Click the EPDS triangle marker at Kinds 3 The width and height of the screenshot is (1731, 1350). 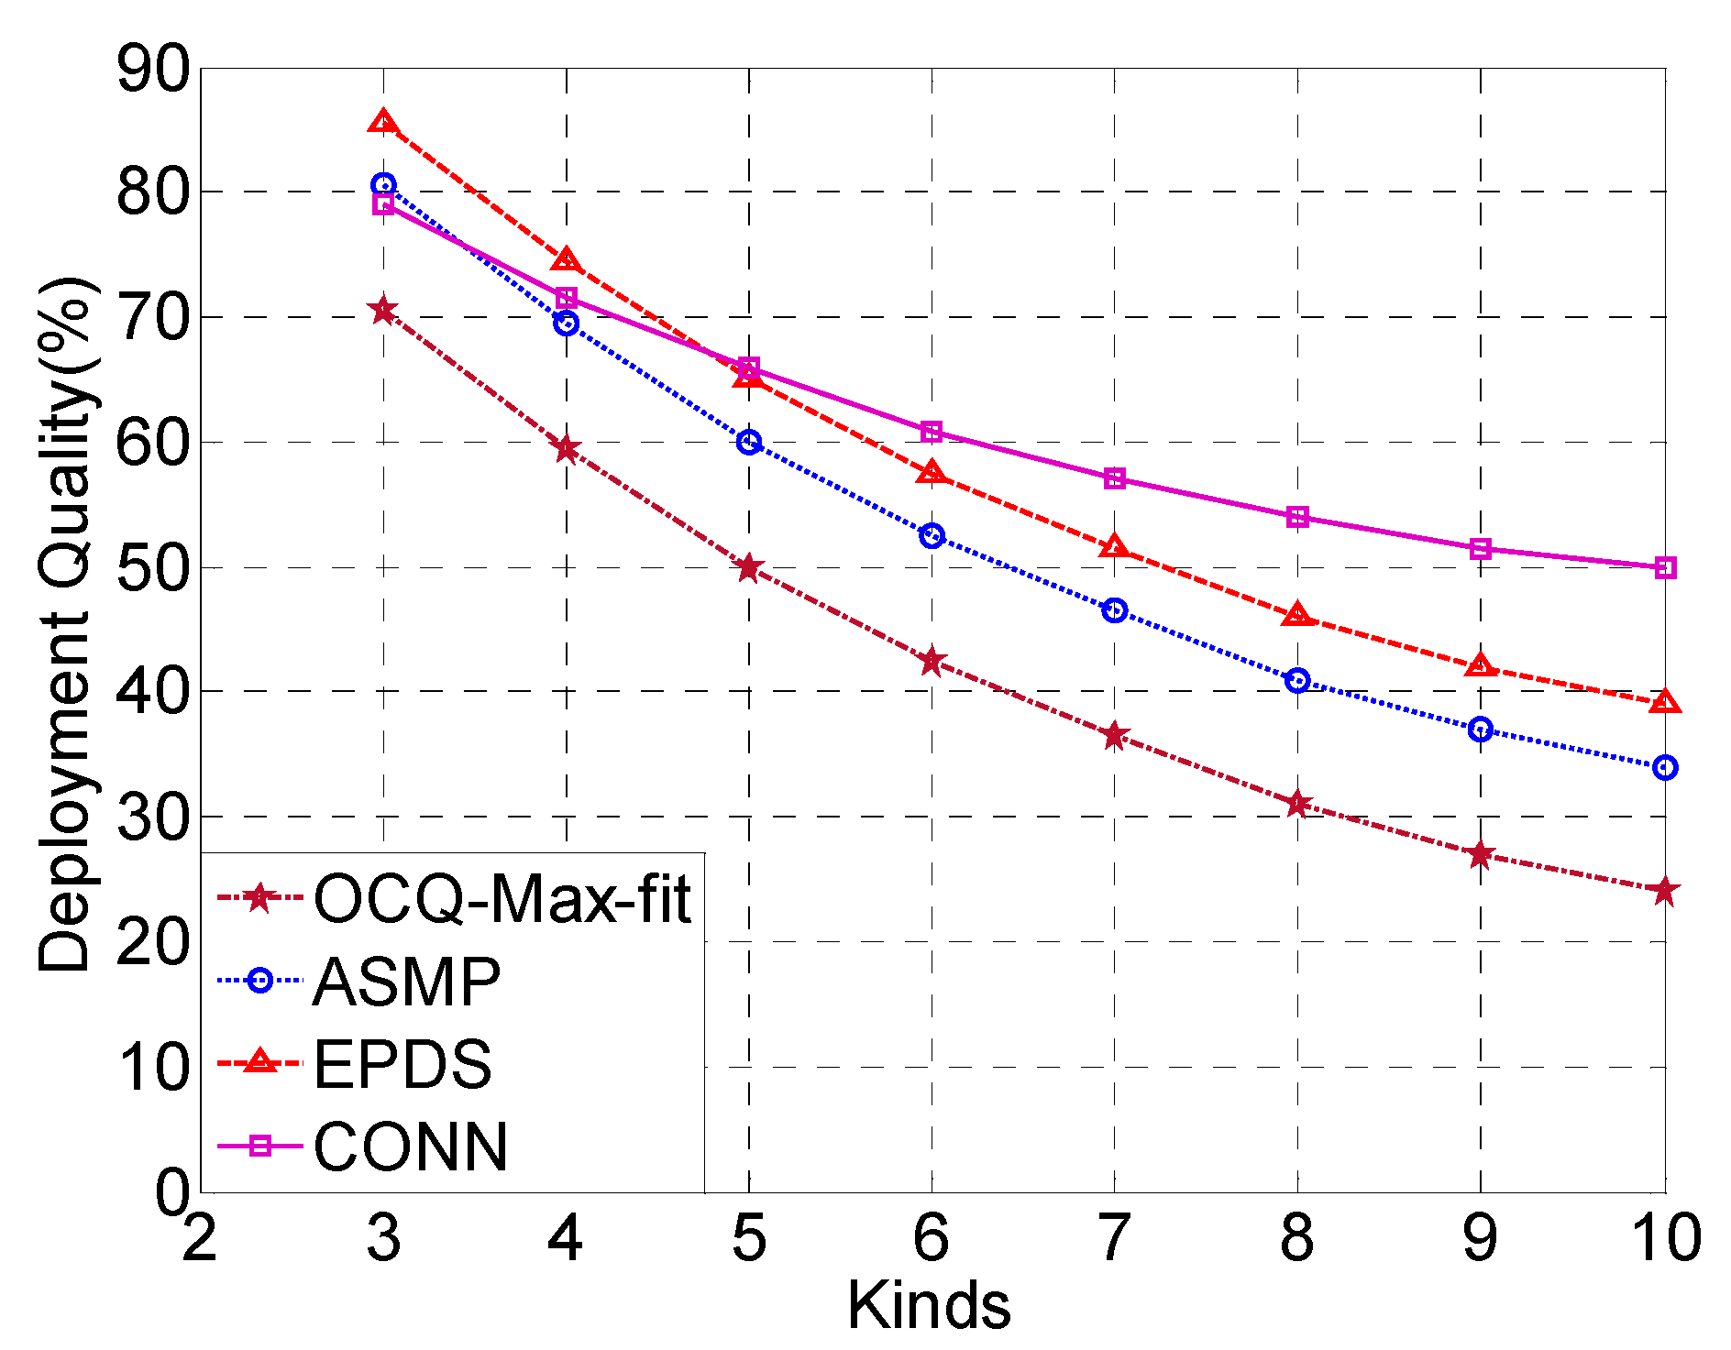pyautogui.click(x=383, y=122)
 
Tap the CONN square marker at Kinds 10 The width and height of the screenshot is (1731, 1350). pyautogui.click(x=1665, y=568)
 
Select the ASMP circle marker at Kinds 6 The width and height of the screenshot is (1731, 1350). pyautogui.click(x=932, y=536)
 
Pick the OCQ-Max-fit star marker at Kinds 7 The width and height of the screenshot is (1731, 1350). pyautogui.click(x=1115, y=736)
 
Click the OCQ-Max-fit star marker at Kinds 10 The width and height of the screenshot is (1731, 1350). pyautogui.click(x=1665, y=890)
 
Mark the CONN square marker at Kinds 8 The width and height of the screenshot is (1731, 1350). pyautogui.click(x=1297, y=518)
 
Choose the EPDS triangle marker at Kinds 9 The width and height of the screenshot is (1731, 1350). pyautogui.click(x=1481, y=665)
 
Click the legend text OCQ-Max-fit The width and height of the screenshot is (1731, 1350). pyautogui.click(x=502, y=898)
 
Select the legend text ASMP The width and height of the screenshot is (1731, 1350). pyautogui.click(x=407, y=982)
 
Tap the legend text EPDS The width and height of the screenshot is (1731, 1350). pyautogui.click(x=402, y=1064)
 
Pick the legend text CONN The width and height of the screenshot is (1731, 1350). pyautogui.click(x=411, y=1147)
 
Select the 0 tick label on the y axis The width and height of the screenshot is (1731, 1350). pyautogui.click(x=171, y=1193)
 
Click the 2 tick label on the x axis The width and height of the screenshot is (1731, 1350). pyautogui.click(x=199, y=1238)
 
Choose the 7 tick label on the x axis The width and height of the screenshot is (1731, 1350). pyautogui.click(x=1115, y=1238)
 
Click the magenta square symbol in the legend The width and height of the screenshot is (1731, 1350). pyautogui.click(x=260, y=1147)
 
